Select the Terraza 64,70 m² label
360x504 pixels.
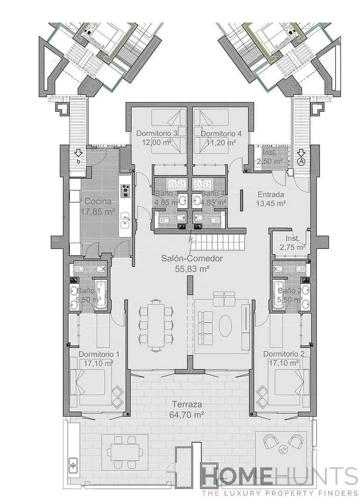coord(187,410)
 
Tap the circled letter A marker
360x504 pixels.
coord(301,161)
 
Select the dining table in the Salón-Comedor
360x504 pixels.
coord(156,325)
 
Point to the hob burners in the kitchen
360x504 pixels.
coord(125,191)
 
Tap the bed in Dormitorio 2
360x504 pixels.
coord(288,381)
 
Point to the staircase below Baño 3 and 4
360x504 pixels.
coord(219,241)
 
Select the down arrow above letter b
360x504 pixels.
coord(78,152)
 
